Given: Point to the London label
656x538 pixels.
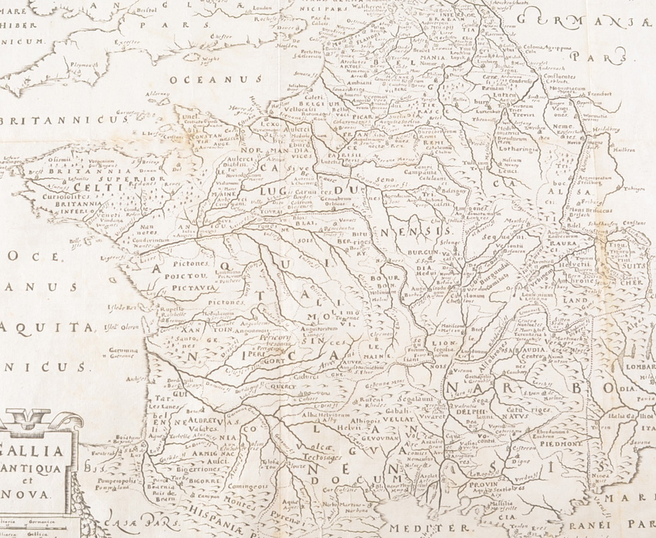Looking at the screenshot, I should coord(243,8).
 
